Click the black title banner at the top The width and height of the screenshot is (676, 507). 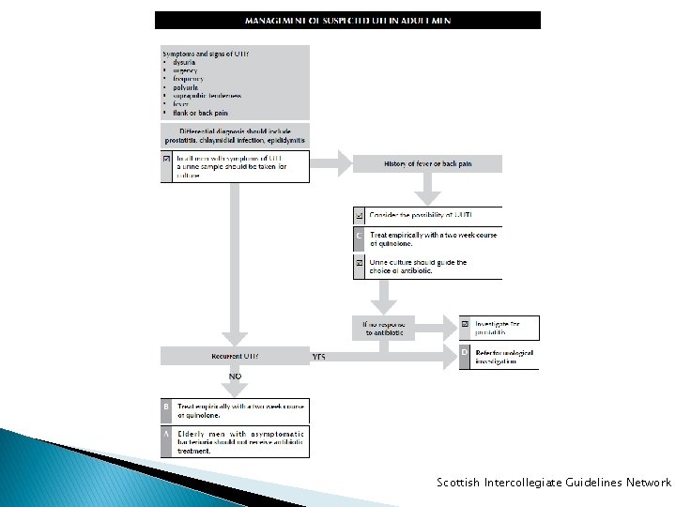[x=347, y=20]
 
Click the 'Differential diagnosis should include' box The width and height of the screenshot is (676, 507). [x=235, y=135]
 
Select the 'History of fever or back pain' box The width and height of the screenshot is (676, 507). [x=427, y=163]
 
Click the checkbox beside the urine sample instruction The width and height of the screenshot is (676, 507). [x=167, y=159]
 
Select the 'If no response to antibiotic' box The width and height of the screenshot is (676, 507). [x=383, y=328]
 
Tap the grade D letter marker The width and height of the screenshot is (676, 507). [x=465, y=353]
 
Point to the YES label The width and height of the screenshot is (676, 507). [x=319, y=357]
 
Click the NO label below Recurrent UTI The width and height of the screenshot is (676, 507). [x=235, y=376]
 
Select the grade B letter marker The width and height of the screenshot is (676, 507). [x=166, y=407]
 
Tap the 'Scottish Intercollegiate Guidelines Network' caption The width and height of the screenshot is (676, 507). [x=554, y=483]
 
